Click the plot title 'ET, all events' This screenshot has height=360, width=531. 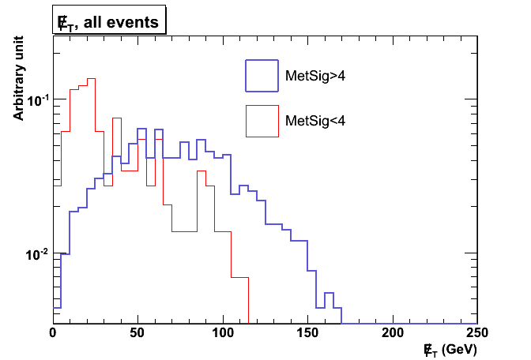tap(108, 22)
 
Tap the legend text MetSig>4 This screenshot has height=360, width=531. tap(314, 77)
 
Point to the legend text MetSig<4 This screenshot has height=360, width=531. tap(314, 121)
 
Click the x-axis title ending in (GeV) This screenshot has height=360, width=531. tap(450, 348)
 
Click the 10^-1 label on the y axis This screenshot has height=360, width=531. tap(38, 100)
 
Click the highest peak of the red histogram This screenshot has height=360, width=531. tap(91, 79)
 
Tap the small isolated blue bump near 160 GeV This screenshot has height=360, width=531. tap(329, 293)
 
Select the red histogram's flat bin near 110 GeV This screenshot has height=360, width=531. tap(239, 277)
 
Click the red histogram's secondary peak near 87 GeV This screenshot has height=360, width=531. tap(201, 171)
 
